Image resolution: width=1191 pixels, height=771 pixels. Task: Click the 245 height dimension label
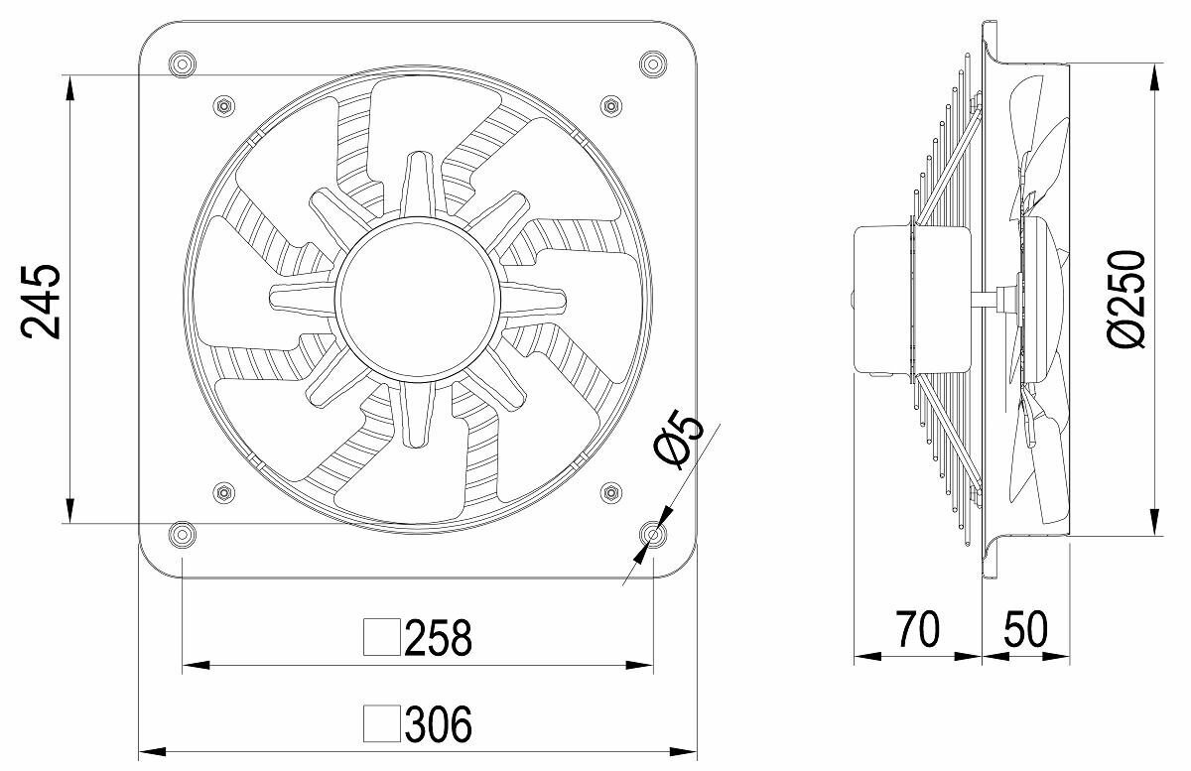pyautogui.click(x=41, y=302)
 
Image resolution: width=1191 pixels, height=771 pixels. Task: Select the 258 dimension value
pyautogui.click(x=438, y=637)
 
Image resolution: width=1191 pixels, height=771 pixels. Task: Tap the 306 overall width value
pyautogui.click(x=438, y=723)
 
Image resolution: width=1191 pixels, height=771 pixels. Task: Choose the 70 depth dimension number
pyautogui.click(x=918, y=629)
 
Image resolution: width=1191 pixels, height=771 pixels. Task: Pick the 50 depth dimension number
pyautogui.click(x=1025, y=629)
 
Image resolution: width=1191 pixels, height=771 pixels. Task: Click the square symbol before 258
pyautogui.click(x=382, y=637)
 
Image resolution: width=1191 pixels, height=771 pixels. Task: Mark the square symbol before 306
pyautogui.click(x=382, y=723)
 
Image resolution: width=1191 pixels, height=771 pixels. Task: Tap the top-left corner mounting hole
pyautogui.click(x=182, y=64)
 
